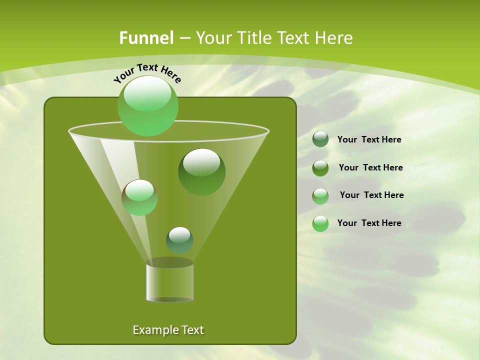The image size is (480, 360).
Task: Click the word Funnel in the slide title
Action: (x=146, y=38)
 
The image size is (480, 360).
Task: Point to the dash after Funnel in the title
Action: (x=184, y=38)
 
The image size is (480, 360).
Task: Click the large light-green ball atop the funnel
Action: (x=148, y=106)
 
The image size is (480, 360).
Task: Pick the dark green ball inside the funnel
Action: (x=202, y=172)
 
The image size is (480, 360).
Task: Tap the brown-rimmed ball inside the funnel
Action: (x=140, y=197)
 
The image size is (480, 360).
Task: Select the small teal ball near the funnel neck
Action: (x=179, y=240)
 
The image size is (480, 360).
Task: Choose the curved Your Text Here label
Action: (x=147, y=73)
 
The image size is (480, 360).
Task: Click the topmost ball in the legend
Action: (x=320, y=139)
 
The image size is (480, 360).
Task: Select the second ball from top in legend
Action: (x=320, y=168)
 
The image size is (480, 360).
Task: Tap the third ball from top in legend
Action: (x=320, y=196)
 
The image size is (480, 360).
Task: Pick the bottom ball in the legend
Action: (x=320, y=223)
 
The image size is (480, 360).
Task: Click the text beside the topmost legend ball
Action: (x=369, y=139)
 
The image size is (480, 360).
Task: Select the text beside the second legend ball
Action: (x=370, y=167)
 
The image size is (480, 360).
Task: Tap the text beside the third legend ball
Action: (x=371, y=195)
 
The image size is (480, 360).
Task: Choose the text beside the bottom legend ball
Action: (x=369, y=223)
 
